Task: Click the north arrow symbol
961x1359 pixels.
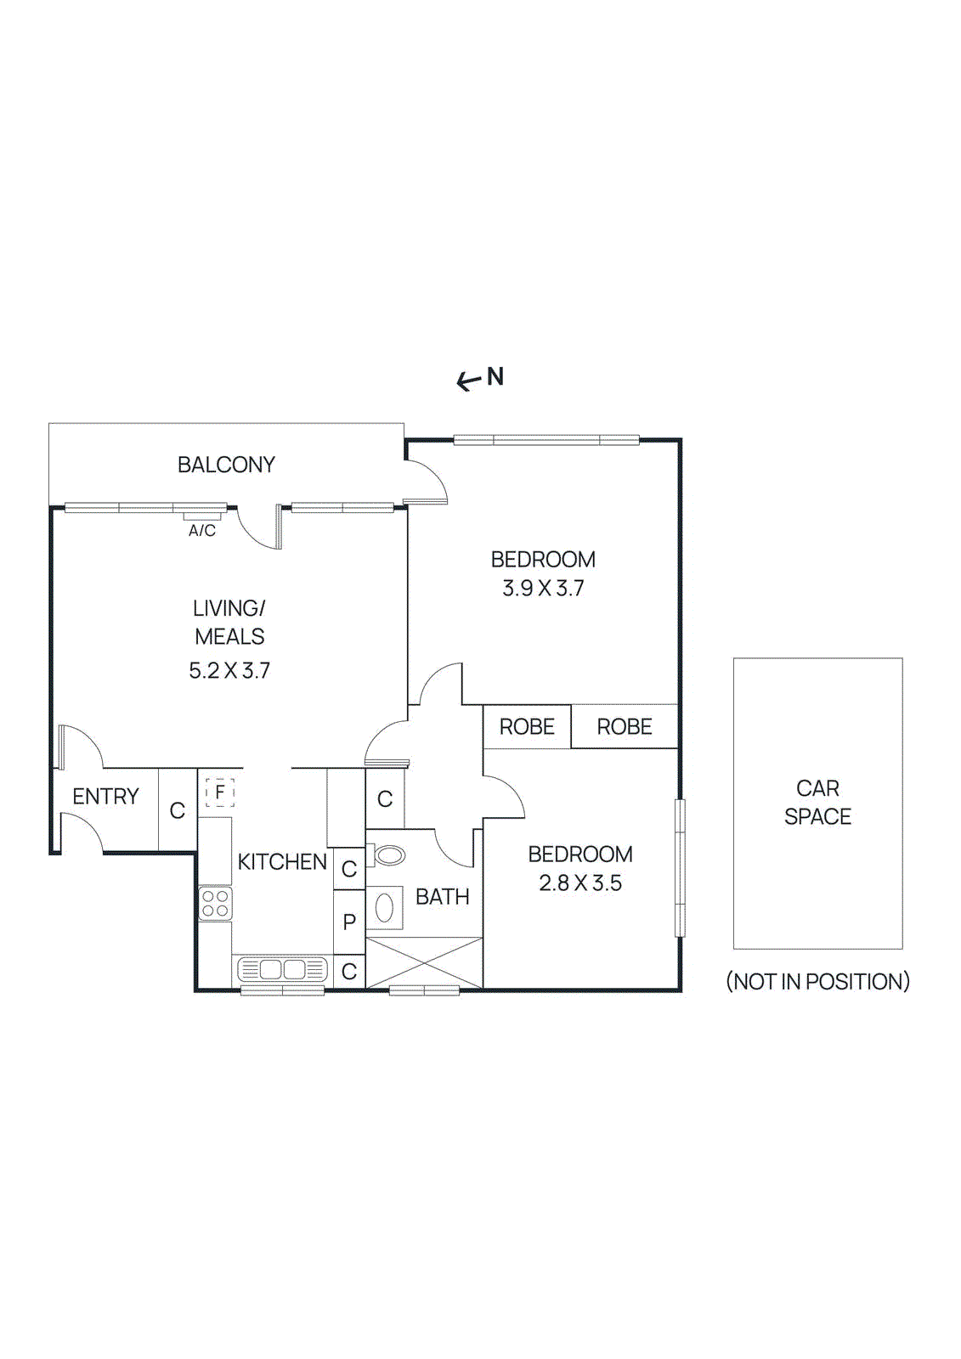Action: point(469,381)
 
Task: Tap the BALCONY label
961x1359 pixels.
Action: point(226,465)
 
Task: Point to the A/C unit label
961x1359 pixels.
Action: point(202,531)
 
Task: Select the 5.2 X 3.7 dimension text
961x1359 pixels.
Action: point(229,670)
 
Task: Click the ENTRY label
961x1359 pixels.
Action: point(105,796)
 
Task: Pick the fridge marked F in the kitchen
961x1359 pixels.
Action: point(219,792)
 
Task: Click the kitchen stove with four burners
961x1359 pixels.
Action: point(216,904)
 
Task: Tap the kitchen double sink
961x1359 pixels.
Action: point(282,969)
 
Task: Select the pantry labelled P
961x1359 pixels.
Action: point(349,922)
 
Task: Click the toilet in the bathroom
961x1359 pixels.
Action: point(387,854)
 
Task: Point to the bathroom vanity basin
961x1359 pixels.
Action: point(384,907)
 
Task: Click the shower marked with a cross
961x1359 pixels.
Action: point(424,963)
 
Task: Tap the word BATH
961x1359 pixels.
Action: point(442,896)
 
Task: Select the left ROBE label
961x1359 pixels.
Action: point(527,726)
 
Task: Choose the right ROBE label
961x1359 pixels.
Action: point(625,726)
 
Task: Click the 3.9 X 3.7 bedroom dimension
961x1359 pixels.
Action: point(543,588)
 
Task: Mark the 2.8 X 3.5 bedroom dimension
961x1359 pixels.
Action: point(580,883)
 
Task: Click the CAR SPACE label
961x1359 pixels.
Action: point(817,802)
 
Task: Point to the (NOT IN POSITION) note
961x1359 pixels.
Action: point(817,981)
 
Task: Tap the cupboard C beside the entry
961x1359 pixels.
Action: point(178,810)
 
